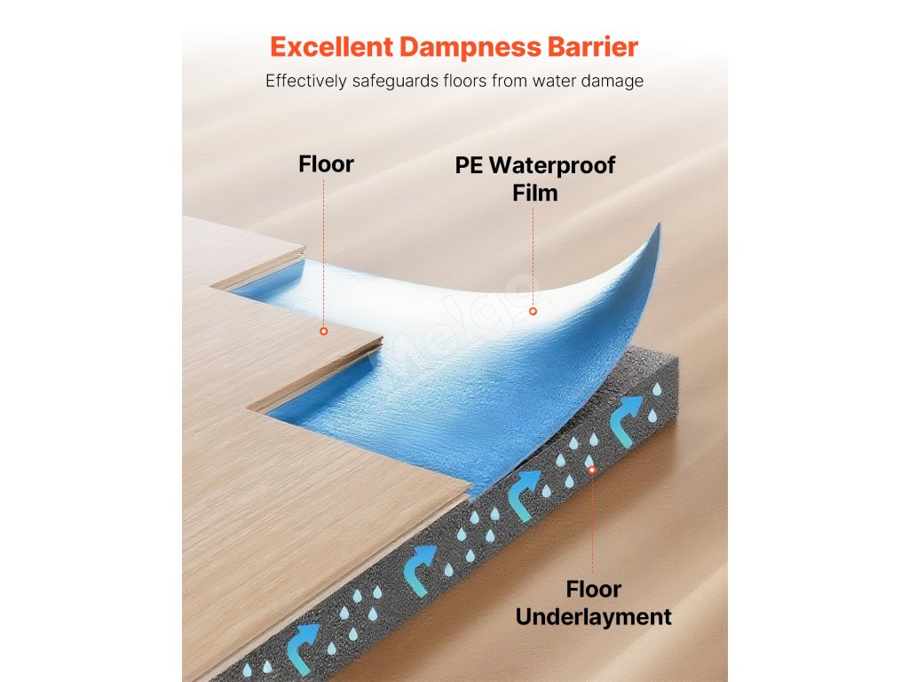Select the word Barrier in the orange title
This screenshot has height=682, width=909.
pos(597,46)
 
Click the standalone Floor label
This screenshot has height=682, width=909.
pos(326,164)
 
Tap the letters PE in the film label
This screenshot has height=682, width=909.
pos(470,165)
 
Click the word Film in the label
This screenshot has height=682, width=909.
pos(534,193)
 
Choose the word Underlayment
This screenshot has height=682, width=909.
pos(593,617)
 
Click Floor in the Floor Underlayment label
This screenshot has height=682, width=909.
pos(593,590)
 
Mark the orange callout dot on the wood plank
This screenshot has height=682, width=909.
pos(324,331)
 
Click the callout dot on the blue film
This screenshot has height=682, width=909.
pos(533,311)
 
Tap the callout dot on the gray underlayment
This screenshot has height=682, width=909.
pos(592,471)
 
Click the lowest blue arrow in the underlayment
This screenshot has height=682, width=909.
pos(307,638)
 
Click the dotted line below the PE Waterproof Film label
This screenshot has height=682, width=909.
pos(533,258)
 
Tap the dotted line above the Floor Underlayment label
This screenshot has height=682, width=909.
pos(592,524)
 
